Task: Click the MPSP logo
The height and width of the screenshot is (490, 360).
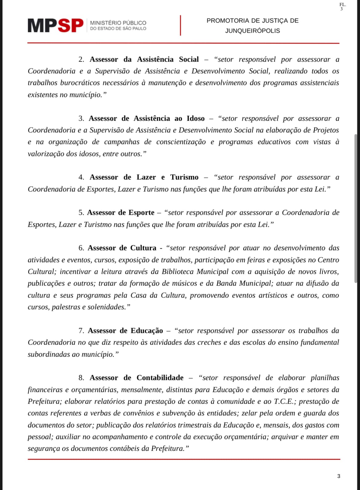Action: coord(56,26)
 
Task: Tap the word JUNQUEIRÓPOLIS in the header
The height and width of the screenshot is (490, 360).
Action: coord(252,31)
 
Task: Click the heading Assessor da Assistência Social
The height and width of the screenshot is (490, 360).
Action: coord(144,59)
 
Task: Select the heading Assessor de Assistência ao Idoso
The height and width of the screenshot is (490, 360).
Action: coord(146,118)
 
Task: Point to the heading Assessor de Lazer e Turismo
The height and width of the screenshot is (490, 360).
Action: coord(144,177)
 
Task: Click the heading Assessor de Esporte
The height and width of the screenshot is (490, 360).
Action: coord(121,213)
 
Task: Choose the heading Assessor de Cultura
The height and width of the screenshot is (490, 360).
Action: coord(122,248)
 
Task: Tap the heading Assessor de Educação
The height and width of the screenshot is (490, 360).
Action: coord(125,331)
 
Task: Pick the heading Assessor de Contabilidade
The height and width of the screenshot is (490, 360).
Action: coord(137,378)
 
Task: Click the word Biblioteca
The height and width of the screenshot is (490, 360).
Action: coord(178,272)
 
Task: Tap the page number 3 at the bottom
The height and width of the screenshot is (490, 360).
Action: coord(339,476)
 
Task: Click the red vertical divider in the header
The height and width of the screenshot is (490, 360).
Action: coord(180,26)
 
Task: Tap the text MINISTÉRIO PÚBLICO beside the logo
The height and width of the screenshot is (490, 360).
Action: coord(118,23)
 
